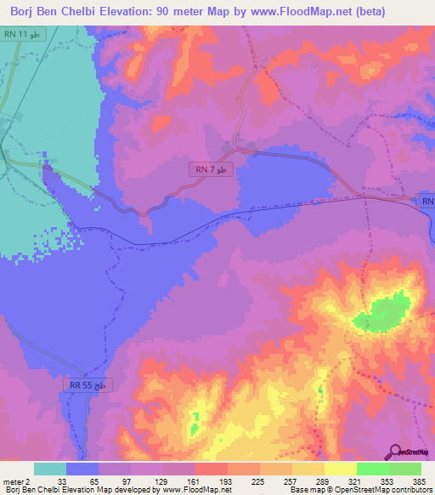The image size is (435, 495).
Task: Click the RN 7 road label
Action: tap(209, 170)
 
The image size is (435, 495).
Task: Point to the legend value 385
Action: tap(420, 481)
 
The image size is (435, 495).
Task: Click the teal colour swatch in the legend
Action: tap(50, 469)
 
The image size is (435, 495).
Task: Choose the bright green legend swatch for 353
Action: tap(373, 469)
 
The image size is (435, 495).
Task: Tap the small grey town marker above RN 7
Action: tap(228, 147)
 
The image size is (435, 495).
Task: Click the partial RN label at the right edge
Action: tap(427, 201)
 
